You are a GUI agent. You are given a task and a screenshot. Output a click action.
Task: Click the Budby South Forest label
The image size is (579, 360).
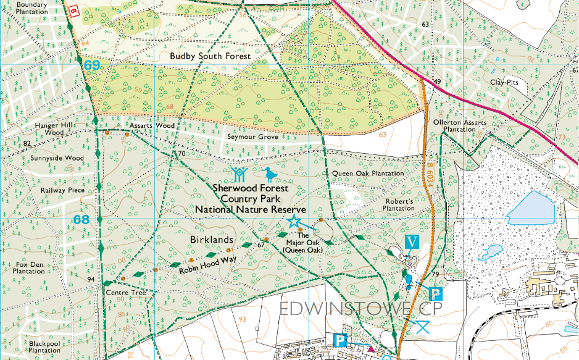(210, 56)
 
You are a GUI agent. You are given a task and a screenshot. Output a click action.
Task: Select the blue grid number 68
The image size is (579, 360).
(81, 220)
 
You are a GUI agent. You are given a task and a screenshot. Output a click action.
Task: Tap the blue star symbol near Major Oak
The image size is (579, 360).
(294, 222)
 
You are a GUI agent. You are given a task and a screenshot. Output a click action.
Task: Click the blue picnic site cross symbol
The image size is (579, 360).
(422, 327)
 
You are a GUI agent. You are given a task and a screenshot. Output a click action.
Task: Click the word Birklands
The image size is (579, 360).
(212, 239)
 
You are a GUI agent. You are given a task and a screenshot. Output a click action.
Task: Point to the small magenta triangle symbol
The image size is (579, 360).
(370, 350)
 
